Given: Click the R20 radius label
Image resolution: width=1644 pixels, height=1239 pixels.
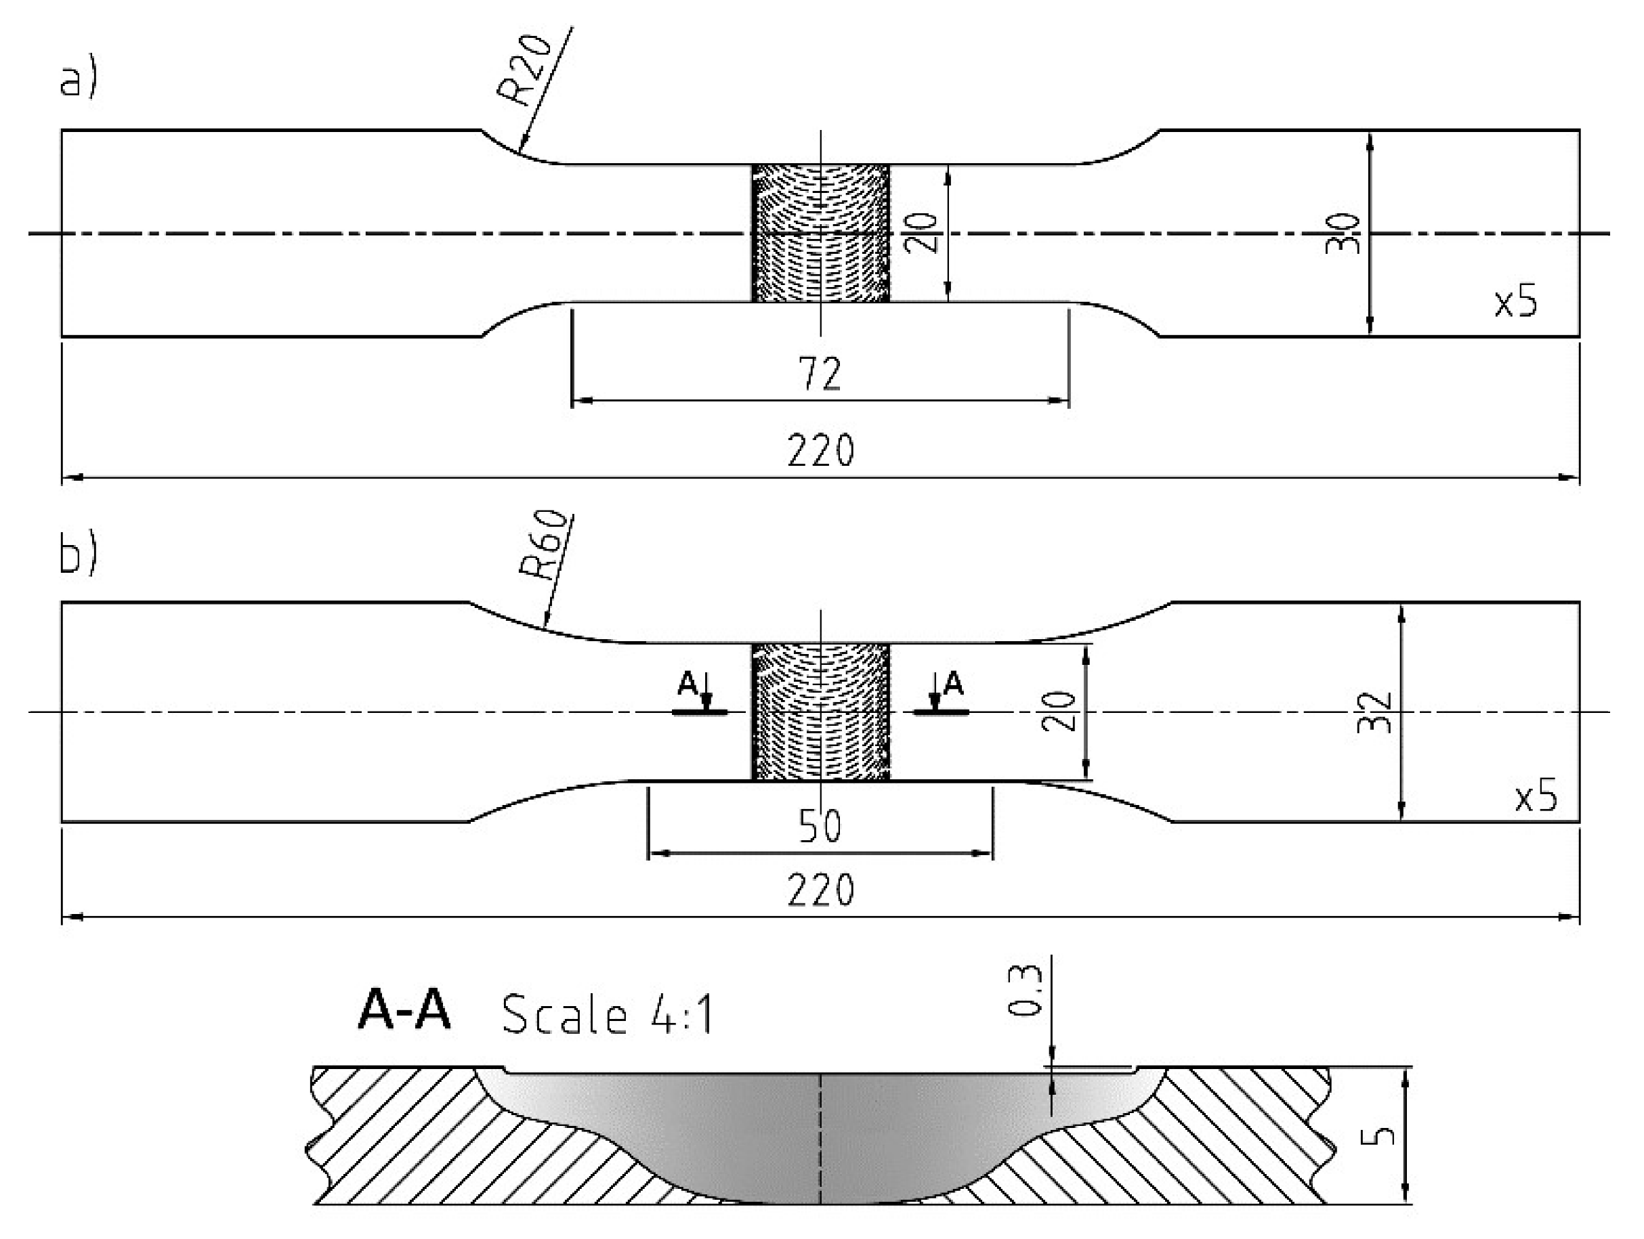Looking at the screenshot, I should (x=526, y=69).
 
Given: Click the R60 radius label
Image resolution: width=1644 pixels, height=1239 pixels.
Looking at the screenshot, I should (x=546, y=546).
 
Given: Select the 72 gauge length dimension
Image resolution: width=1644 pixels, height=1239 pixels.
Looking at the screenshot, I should (x=820, y=374).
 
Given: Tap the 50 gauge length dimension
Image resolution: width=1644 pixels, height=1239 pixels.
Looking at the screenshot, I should (x=820, y=825).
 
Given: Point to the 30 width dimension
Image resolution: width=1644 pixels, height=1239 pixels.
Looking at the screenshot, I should (x=1343, y=233).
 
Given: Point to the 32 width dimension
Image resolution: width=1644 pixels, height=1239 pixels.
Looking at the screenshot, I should (x=1374, y=712).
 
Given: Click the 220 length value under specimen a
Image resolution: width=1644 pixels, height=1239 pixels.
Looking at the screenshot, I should (x=820, y=450).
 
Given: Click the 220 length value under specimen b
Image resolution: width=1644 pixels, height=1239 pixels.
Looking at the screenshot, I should (x=820, y=890).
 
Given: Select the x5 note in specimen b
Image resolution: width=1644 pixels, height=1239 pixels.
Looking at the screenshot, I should (x=1536, y=797).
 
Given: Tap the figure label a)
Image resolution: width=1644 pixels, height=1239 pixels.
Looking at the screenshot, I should (x=77, y=80).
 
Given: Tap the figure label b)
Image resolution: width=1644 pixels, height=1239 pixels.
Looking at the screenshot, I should (x=77, y=554).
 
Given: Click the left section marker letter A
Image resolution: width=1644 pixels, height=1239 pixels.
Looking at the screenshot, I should (x=688, y=683).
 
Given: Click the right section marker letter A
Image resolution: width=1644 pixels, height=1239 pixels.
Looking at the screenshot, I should (x=953, y=683).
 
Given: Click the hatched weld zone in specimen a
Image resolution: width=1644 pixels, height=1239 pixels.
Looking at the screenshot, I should (x=820, y=233).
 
